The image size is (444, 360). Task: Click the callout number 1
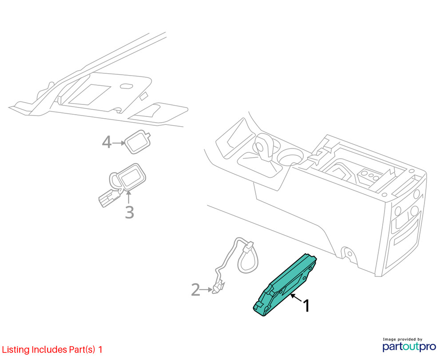[x=306, y=306]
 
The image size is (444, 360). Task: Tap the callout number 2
[x=196, y=289]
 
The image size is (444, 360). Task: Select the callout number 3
[x=129, y=212]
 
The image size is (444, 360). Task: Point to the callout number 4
[x=107, y=142]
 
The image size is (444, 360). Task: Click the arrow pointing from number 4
[x=119, y=143]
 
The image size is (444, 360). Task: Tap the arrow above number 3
[x=129, y=197]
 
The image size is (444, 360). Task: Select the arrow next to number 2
[x=206, y=290]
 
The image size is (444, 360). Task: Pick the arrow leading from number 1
[x=296, y=298]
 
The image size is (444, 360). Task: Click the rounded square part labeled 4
[x=138, y=142]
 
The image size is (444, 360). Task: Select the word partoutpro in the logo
[x=409, y=346]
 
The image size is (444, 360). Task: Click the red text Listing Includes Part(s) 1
[x=52, y=349]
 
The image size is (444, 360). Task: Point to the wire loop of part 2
[x=248, y=259]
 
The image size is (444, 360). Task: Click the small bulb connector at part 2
[x=218, y=288]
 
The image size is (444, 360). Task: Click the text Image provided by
[x=402, y=339]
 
